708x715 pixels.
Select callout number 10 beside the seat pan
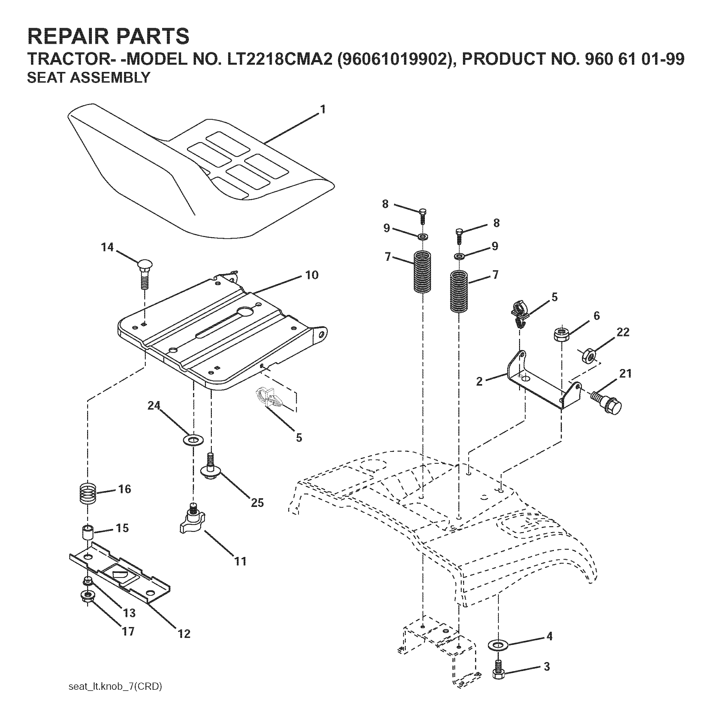point(311,275)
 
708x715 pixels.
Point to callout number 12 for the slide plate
point(184,634)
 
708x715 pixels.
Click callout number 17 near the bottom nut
point(128,631)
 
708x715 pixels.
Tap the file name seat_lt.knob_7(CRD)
point(115,686)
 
